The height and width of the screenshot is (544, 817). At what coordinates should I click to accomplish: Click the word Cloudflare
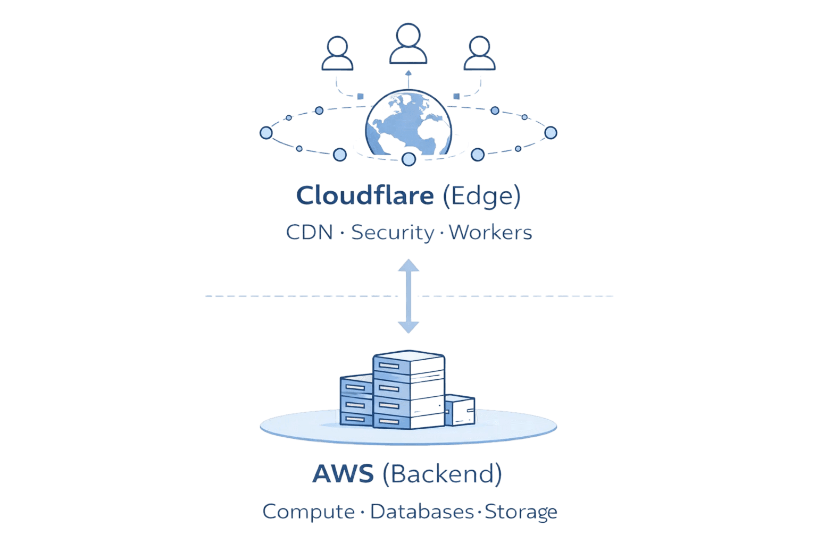364,196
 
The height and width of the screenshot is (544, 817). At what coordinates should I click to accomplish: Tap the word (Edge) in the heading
481,197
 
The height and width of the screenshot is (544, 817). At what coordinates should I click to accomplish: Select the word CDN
310,233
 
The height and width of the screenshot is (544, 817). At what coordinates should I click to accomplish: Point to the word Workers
490,233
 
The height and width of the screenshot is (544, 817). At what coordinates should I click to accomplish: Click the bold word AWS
343,474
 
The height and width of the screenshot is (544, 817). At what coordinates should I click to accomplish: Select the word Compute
309,512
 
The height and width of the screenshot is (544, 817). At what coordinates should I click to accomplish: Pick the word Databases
421,512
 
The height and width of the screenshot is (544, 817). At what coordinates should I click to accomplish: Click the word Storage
521,512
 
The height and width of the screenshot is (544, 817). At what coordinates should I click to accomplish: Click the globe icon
408,125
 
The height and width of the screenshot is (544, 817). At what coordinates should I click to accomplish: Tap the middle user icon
408,45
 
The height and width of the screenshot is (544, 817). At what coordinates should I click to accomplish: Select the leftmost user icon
337,54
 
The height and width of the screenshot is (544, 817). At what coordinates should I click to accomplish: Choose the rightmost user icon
480,54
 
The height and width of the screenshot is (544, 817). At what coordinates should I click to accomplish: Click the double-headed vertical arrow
408,296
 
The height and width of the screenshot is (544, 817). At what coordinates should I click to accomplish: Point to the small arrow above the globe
408,78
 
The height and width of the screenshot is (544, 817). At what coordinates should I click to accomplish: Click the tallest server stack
408,390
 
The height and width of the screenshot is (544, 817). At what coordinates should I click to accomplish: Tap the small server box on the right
460,410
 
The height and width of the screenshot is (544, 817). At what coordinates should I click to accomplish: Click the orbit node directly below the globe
408,159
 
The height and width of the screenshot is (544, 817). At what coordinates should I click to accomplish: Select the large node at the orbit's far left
265,132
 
